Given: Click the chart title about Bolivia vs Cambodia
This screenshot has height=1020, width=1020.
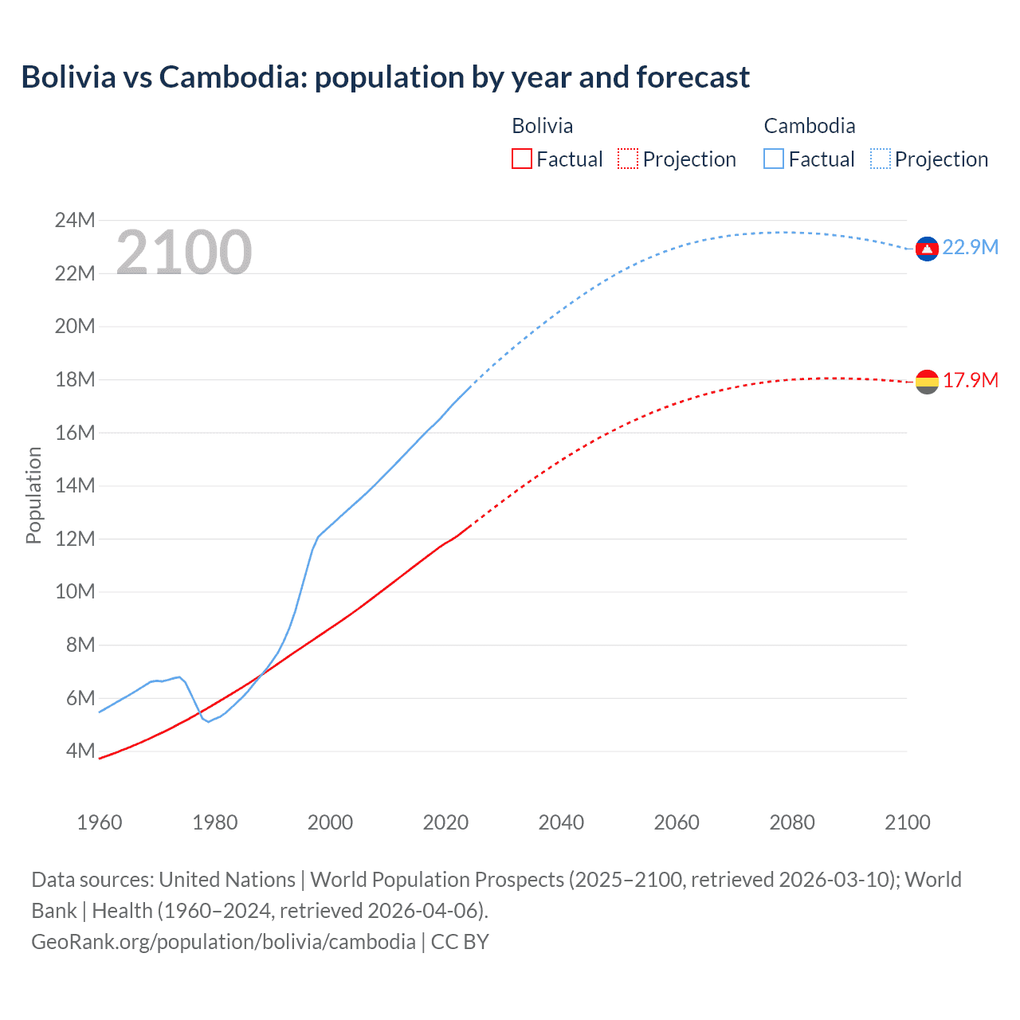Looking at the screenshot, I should [x=385, y=77].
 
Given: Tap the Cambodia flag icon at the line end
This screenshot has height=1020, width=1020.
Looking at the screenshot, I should [x=926, y=249].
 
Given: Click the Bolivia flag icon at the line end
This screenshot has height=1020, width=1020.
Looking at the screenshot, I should [x=927, y=382].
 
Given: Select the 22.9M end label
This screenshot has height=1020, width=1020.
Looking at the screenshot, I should [x=970, y=248].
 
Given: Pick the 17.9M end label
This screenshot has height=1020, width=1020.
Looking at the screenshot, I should [x=970, y=380].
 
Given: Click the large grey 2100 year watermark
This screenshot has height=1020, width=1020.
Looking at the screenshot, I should [x=184, y=253].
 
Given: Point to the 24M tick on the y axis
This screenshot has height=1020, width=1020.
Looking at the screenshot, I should [x=75, y=220].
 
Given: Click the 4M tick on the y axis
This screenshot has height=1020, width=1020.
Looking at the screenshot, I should [x=80, y=751].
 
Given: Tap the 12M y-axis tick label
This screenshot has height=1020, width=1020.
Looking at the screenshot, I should [x=75, y=539].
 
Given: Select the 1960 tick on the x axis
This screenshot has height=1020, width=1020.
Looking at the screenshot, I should [x=100, y=822].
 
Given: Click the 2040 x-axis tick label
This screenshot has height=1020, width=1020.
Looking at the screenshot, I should [x=561, y=822].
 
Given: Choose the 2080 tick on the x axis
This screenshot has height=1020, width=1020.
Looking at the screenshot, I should [x=792, y=822].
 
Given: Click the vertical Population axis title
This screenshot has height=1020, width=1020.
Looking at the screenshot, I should [x=33, y=495].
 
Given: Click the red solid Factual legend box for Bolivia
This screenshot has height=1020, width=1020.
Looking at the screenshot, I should [x=521, y=159].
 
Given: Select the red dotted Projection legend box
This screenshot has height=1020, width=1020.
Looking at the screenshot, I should [x=628, y=159].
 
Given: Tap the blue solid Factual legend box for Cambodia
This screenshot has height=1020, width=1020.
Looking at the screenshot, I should [x=774, y=159].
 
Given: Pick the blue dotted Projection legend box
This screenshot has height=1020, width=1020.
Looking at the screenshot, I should [x=881, y=159].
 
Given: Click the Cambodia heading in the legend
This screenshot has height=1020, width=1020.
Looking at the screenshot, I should [x=809, y=126].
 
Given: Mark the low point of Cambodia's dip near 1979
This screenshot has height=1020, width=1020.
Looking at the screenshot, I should [x=209, y=721].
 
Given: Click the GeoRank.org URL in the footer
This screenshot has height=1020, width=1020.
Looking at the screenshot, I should [x=223, y=941].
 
